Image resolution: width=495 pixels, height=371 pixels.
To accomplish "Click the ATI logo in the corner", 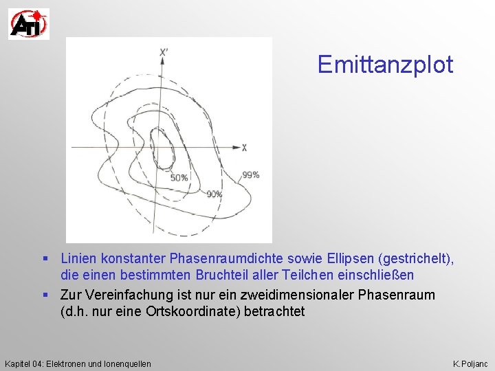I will pos(28,24).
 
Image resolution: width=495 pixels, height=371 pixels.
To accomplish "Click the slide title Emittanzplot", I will pos(385,65).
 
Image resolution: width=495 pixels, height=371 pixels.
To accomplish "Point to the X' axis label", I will pos(163,53).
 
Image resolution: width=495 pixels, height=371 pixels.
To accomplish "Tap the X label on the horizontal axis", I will pos(244,148).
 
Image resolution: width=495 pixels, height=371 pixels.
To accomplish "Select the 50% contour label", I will pos(179,178).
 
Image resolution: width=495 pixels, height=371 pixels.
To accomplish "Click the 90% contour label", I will pos(214,194).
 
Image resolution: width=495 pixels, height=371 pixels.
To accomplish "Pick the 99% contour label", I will pos(250,175).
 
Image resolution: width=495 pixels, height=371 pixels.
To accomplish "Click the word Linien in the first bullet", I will pos(78,259).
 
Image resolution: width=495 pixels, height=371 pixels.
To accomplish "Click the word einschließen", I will pos(376,276).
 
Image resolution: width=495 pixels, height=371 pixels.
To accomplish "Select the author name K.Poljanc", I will pos(471,363).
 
